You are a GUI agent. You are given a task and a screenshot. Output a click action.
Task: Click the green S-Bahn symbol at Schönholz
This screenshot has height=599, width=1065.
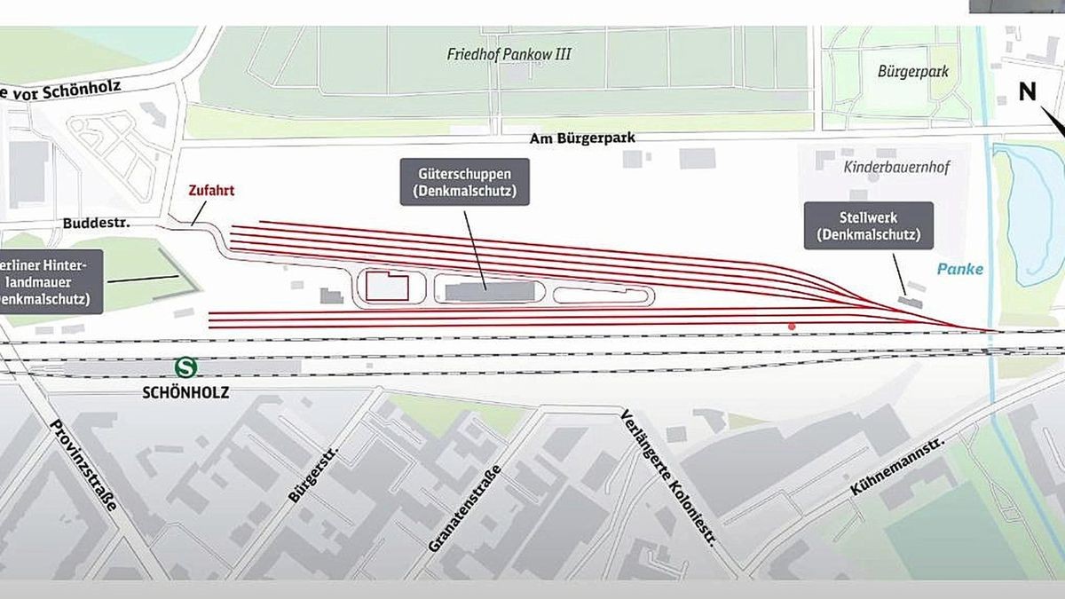185,367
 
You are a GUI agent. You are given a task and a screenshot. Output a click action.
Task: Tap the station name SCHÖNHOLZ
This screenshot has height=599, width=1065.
185,391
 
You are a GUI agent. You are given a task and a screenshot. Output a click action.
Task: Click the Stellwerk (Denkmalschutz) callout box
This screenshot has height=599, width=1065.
868,225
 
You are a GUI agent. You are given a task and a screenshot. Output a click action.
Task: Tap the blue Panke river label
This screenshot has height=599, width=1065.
959,269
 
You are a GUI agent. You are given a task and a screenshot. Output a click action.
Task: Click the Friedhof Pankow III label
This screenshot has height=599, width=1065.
509,54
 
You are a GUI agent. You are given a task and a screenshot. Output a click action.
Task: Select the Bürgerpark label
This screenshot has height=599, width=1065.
912,71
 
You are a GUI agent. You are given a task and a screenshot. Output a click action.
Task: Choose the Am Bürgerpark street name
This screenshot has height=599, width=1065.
583,138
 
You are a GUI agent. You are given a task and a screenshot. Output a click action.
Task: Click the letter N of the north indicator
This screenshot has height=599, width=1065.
1028,91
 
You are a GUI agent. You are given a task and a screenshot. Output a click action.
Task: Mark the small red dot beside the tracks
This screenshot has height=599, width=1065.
792,327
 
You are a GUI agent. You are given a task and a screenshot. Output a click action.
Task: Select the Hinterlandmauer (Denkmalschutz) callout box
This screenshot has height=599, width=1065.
51,280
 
